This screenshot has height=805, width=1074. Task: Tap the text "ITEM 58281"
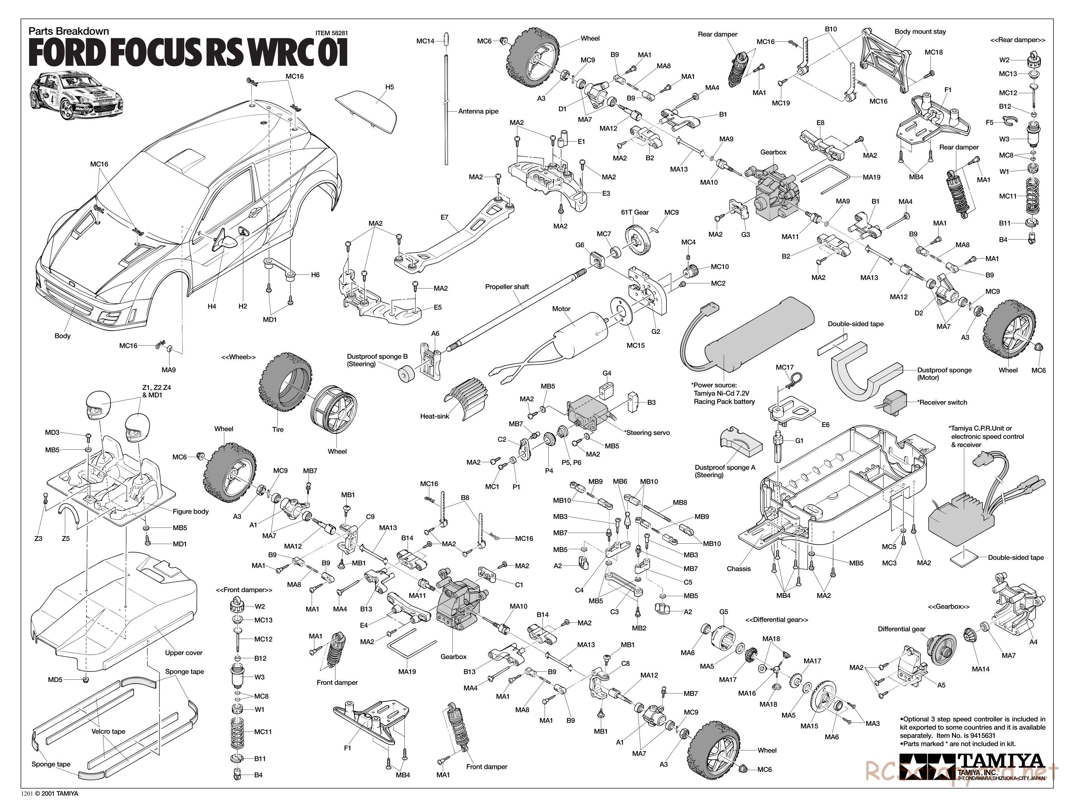(x=332, y=33)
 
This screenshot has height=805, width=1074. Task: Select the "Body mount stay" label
(x=920, y=31)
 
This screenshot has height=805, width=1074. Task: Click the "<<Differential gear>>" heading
(x=777, y=620)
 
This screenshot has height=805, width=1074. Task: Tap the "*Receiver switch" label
(x=941, y=402)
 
